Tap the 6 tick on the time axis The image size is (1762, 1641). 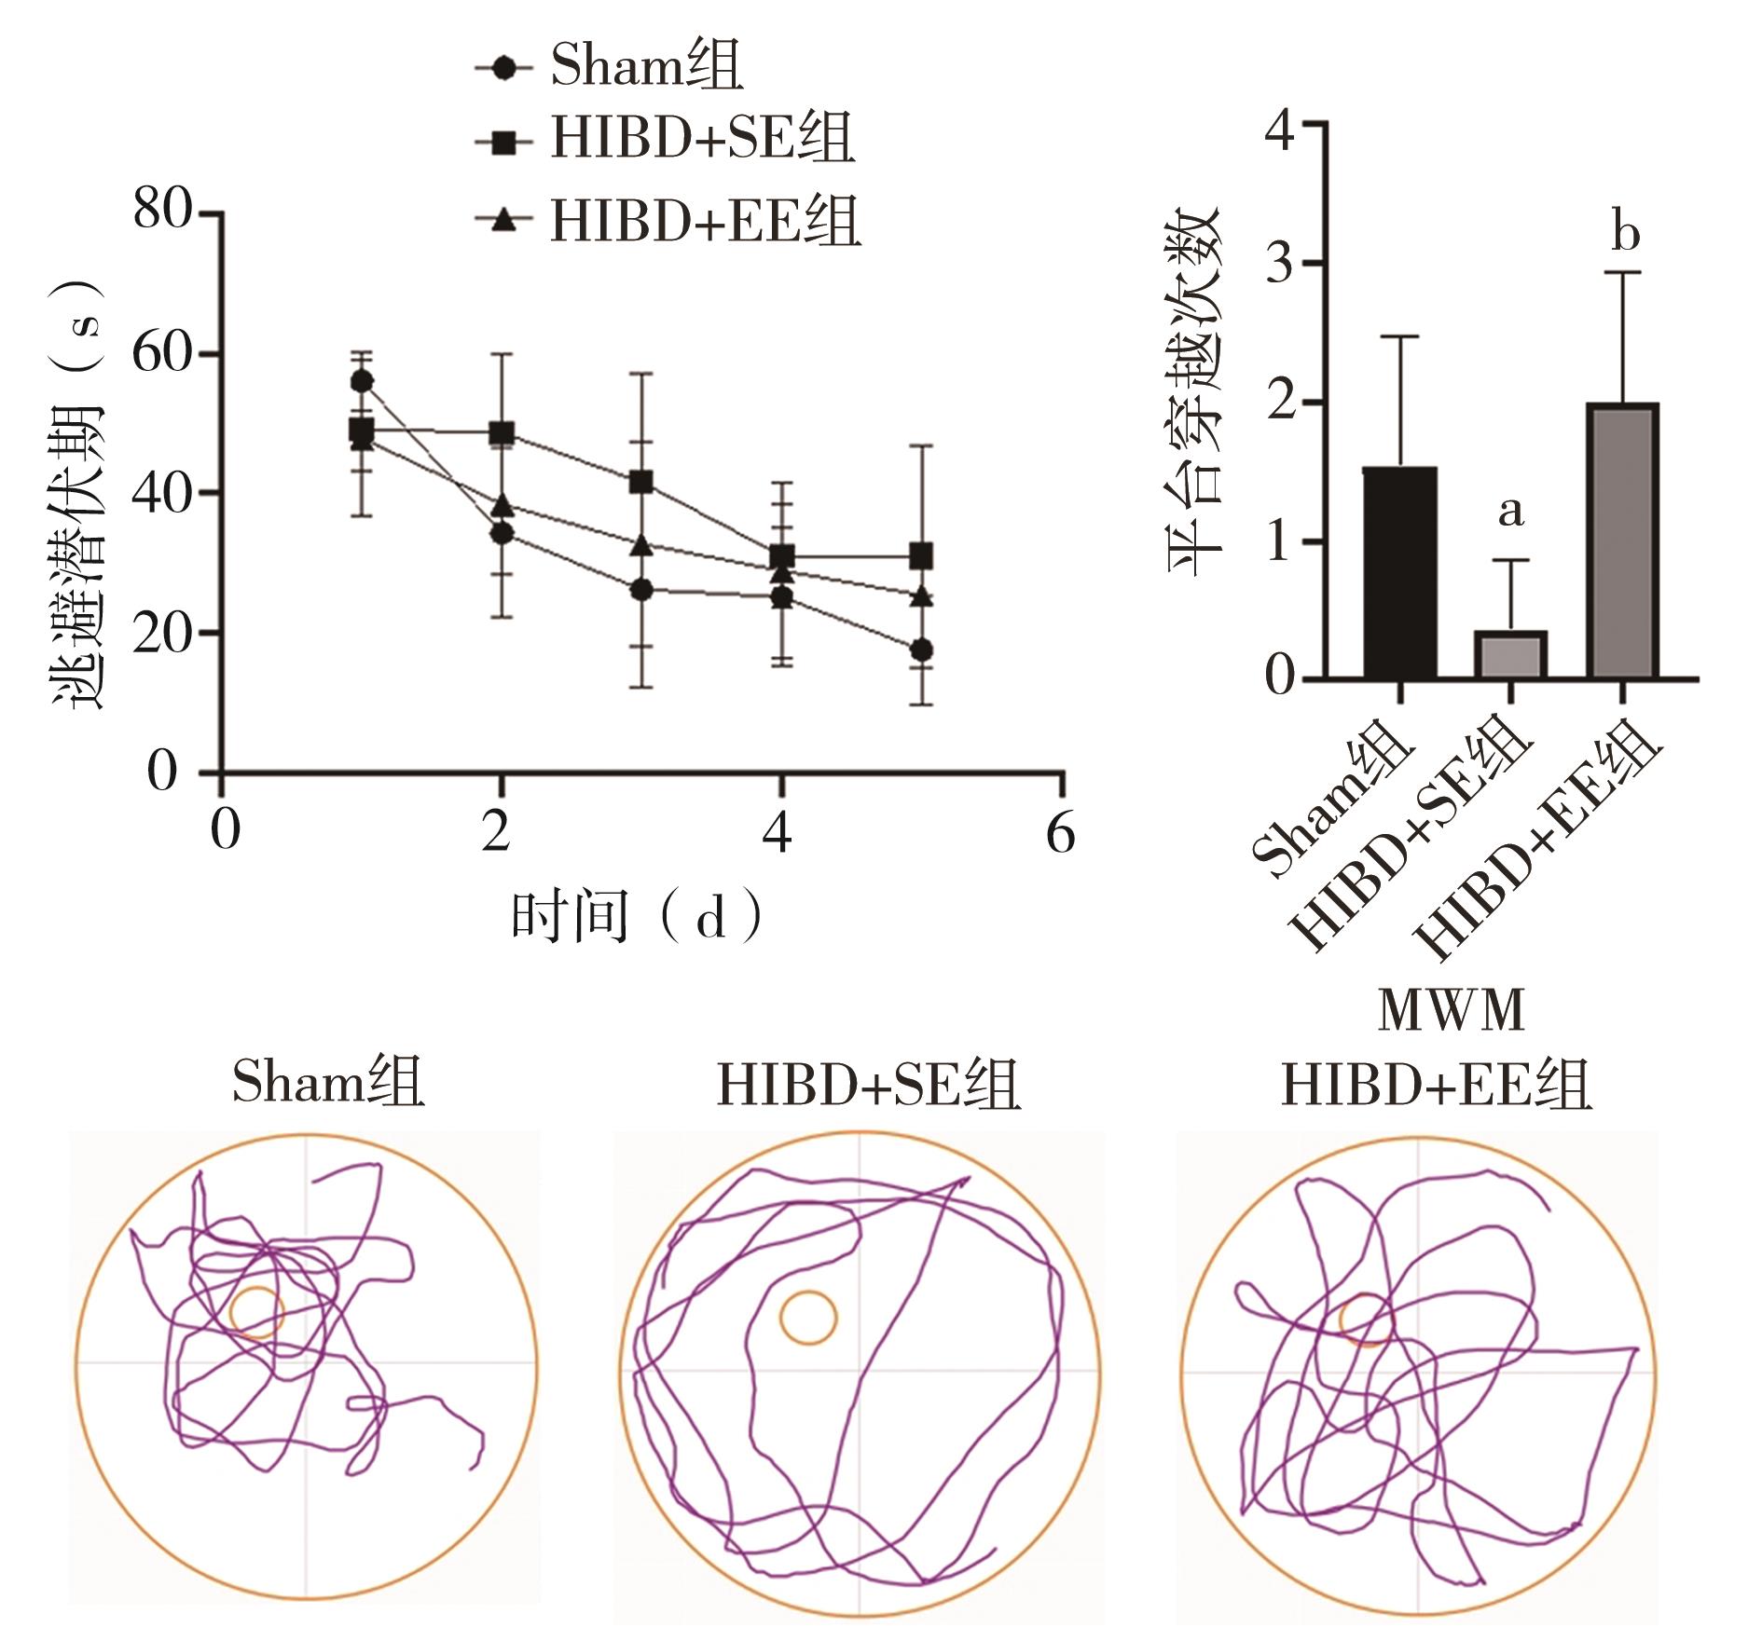point(1060,833)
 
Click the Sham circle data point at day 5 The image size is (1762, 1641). point(921,650)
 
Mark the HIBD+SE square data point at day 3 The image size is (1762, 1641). point(640,482)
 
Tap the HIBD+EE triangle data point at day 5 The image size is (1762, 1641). point(921,596)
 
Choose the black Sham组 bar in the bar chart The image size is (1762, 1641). point(1399,573)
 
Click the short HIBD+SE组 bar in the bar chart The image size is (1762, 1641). point(1510,654)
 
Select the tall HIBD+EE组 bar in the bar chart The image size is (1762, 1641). point(1622,540)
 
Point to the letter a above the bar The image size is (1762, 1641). point(1511,511)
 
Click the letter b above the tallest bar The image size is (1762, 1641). point(1625,233)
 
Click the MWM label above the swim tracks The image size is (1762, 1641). point(1451,1010)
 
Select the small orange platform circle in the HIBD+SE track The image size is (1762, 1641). point(808,1317)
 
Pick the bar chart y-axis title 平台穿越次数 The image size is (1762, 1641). point(1194,391)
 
